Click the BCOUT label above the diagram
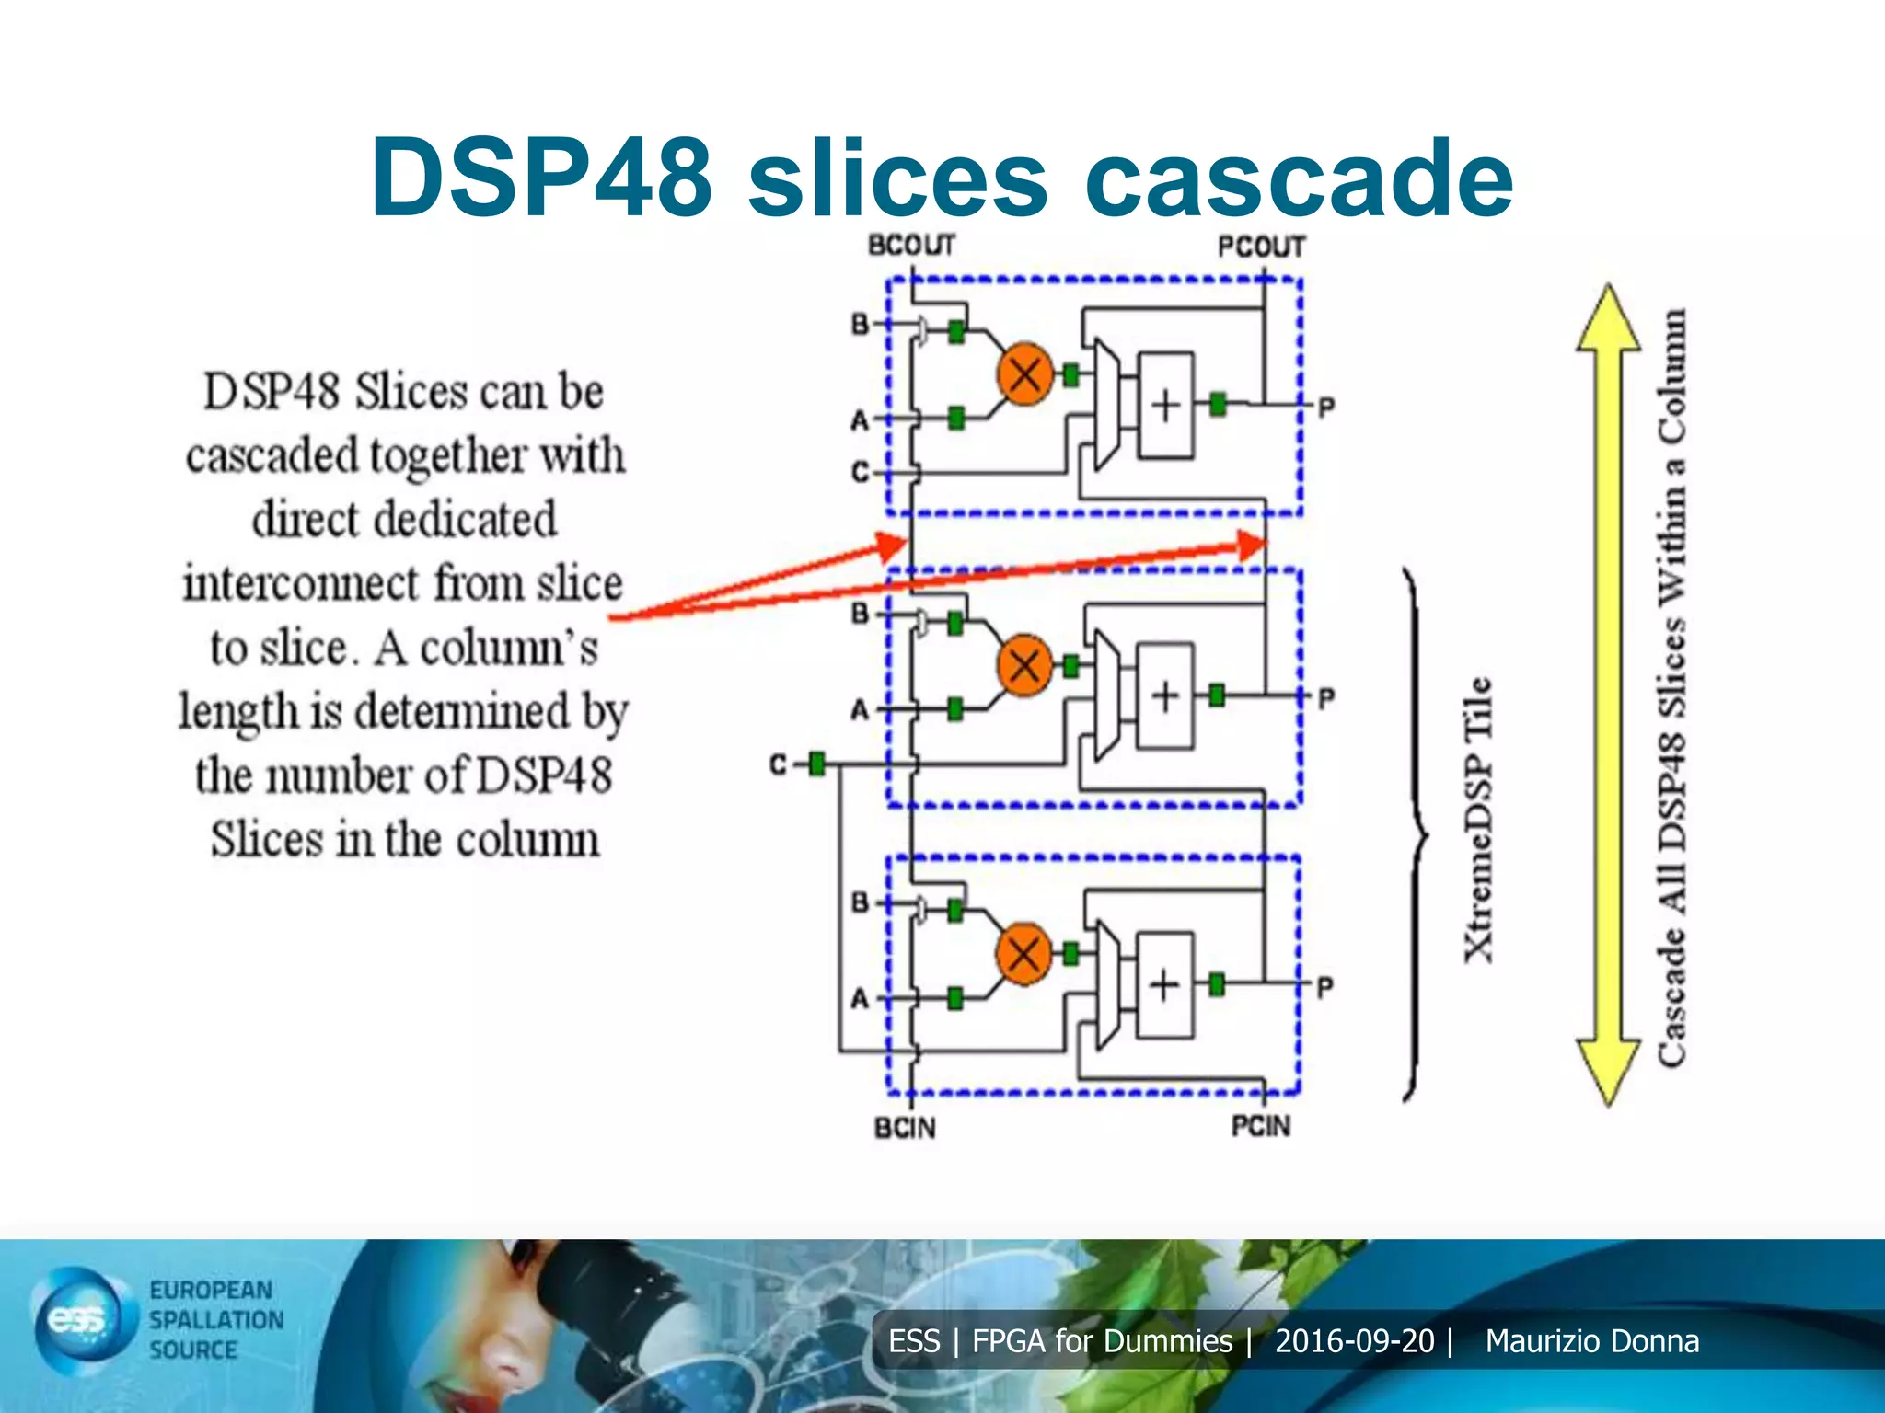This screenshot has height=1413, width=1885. (x=911, y=246)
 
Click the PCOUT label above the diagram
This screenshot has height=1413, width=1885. (x=1261, y=247)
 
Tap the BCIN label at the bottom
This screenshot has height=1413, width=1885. (x=905, y=1128)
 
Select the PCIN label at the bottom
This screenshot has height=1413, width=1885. (x=1261, y=1126)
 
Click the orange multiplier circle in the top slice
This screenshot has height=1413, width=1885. (x=1024, y=373)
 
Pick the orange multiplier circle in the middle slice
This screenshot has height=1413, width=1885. (x=1024, y=664)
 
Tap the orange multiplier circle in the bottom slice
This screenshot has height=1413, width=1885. (x=1023, y=953)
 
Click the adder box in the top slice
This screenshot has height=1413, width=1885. (x=1166, y=405)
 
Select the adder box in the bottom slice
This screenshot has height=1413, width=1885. (x=1165, y=985)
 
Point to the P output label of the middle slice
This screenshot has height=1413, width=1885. (x=1325, y=698)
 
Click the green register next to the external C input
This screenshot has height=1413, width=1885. (x=816, y=764)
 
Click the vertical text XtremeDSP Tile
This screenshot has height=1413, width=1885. (x=1478, y=820)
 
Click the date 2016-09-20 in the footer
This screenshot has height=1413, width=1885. (x=1354, y=1341)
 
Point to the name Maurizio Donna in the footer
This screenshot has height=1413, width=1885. (x=1592, y=1341)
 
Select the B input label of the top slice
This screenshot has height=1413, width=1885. (x=860, y=325)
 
